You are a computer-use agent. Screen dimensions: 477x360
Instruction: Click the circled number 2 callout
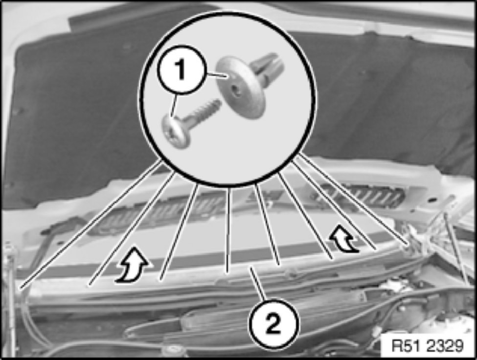273,324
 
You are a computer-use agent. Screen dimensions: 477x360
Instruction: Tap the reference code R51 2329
428,346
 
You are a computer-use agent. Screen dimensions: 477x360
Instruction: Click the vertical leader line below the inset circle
228,230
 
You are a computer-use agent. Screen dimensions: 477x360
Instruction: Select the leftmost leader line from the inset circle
91,225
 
